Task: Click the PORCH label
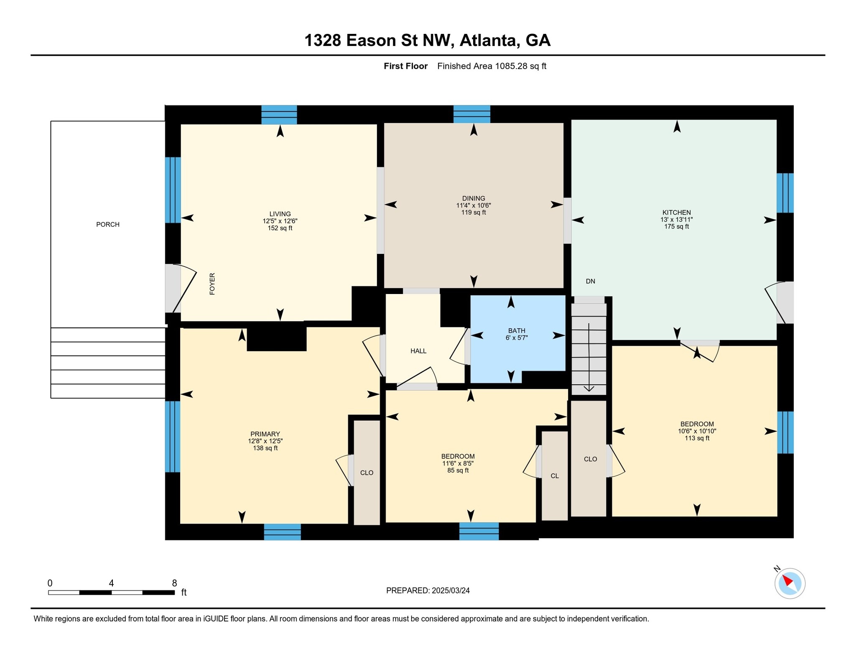tap(108, 225)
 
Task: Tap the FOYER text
tap(212, 284)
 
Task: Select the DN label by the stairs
tap(590, 281)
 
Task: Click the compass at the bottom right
tap(790, 583)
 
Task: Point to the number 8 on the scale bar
tap(174, 583)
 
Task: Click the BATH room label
tap(517, 331)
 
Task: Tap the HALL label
tap(418, 351)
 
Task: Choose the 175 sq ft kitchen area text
tap(677, 227)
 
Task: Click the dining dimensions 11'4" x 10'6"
tap(474, 205)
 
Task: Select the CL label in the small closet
tap(555, 476)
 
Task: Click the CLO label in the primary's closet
tap(367, 473)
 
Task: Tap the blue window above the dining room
tap(472, 114)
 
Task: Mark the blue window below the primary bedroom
tap(283, 532)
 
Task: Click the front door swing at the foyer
tap(184, 289)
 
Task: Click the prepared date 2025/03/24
tap(451, 590)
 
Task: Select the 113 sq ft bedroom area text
tap(697, 438)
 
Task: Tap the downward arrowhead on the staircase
tap(589, 389)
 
